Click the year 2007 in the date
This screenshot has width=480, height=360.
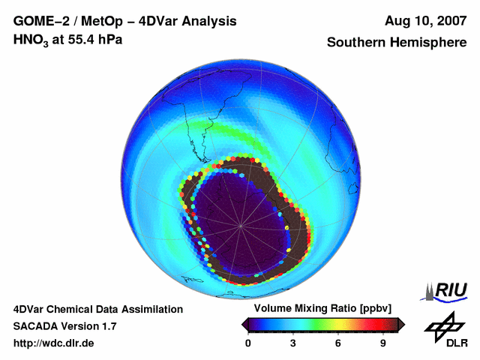(x=448, y=21)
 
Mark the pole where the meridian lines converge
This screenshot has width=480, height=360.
(x=240, y=225)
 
